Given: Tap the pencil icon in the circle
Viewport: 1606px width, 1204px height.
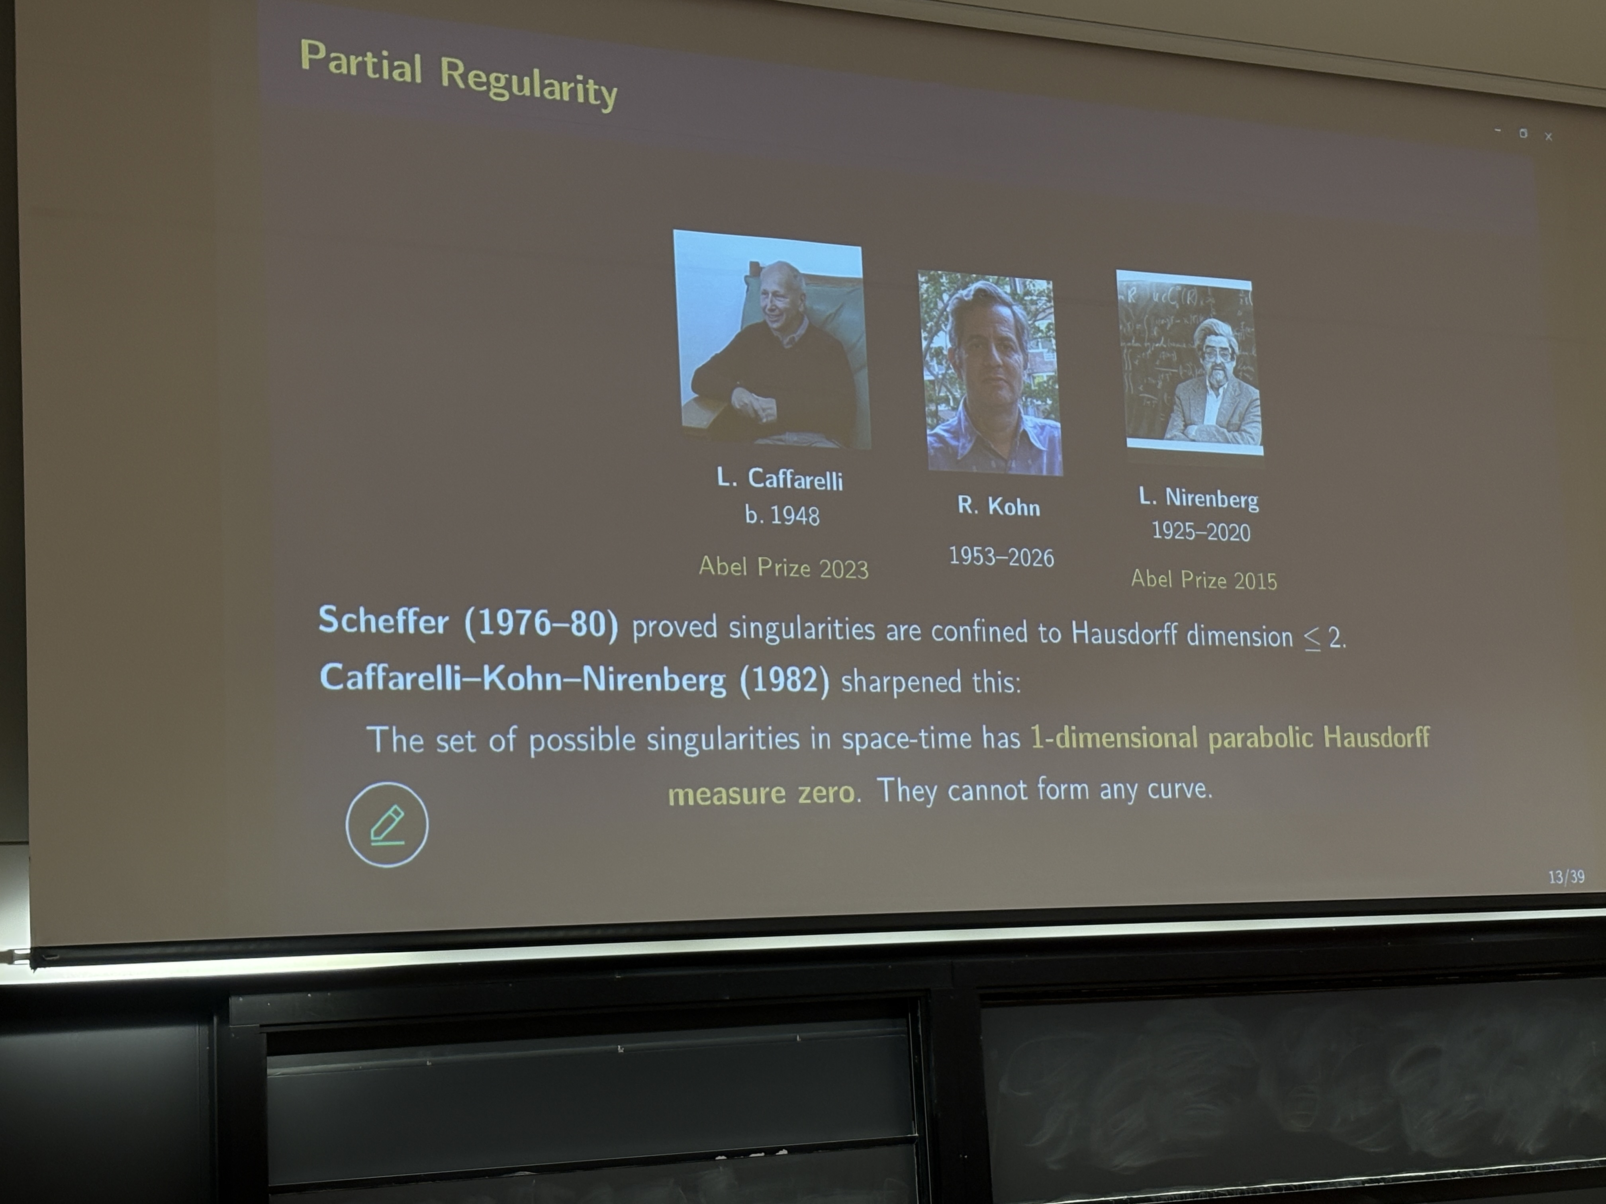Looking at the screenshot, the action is (387, 825).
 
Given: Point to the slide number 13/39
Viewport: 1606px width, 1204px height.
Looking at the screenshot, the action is (1566, 877).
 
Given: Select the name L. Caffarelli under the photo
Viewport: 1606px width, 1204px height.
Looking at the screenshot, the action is (780, 479).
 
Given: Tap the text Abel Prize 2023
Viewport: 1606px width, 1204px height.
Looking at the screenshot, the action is (783, 567).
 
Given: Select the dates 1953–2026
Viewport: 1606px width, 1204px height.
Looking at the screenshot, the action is (1001, 557).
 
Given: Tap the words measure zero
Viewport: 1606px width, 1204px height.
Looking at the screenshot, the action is (762, 792).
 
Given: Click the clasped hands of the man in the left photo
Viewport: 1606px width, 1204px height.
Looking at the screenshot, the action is (755, 403).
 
